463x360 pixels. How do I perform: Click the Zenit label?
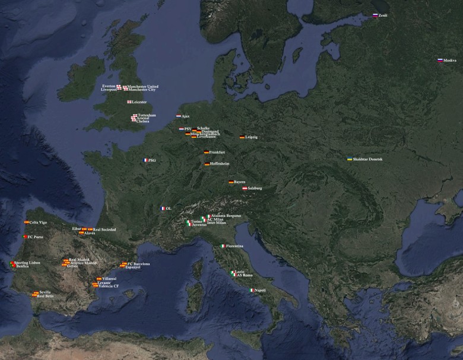(383, 15)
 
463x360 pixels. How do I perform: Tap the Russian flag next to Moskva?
(440, 60)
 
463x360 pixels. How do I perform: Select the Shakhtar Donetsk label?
(367, 159)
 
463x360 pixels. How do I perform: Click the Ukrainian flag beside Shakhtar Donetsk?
(349, 159)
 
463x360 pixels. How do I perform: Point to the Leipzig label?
(251, 137)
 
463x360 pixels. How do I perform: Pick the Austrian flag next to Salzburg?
(245, 188)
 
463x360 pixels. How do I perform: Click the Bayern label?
(239, 182)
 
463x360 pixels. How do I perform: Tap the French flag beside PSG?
(145, 160)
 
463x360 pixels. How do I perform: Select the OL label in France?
(169, 209)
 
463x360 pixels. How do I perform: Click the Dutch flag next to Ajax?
(179, 116)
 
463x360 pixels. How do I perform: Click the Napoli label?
(259, 290)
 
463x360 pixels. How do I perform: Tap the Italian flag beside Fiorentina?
(223, 246)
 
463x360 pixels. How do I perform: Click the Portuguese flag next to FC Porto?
(25, 237)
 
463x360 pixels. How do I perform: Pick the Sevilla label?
(45, 292)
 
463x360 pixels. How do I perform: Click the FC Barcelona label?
(138, 264)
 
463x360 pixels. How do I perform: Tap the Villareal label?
(109, 279)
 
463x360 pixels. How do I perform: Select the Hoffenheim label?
(220, 164)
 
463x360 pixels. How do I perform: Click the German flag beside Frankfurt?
(207, 153)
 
